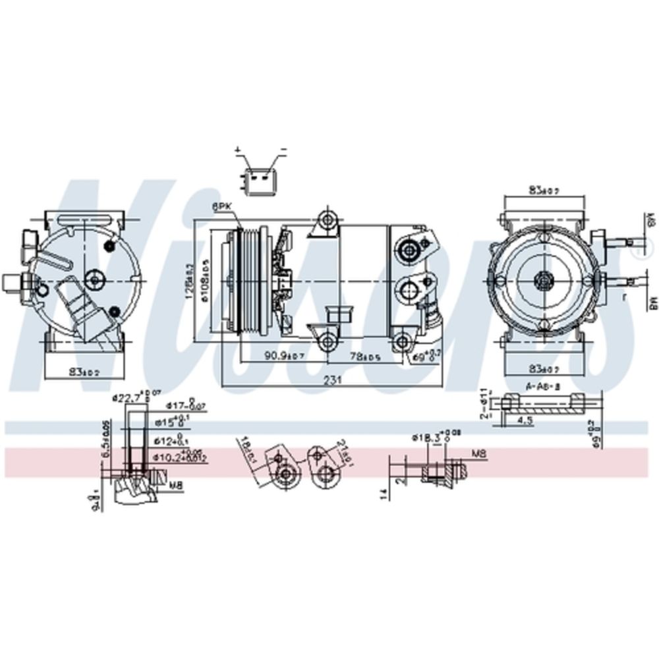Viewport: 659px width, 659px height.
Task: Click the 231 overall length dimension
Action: tap(336, 380)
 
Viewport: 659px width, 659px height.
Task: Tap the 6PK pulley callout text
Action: tap(222, 206)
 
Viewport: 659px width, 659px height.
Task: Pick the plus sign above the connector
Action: tap(237, 151)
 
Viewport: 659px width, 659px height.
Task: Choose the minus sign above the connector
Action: tap(283, 151)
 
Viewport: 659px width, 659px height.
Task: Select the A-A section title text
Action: tap(542, 387)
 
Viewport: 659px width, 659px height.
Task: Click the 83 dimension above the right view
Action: tap(543, 190)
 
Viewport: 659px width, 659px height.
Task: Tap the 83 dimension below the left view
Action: tap(84, 372)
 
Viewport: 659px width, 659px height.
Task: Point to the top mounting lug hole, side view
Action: tap(326, 219)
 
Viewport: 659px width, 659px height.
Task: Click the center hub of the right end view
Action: tap(544, 280)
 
